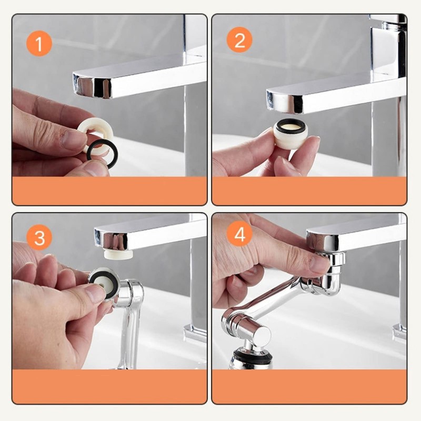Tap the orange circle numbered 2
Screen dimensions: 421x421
(x=239, y=39)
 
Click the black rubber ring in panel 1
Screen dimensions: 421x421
(x=102, y=154)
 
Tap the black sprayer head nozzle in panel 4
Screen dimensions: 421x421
(x=252, y=358)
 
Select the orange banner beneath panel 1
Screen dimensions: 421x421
(x=109, y=191)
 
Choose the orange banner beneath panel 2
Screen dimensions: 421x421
(x=309, y=191)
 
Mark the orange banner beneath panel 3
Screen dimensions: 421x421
(x=109, y=386)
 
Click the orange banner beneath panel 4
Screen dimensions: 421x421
(x=309, y=386)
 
